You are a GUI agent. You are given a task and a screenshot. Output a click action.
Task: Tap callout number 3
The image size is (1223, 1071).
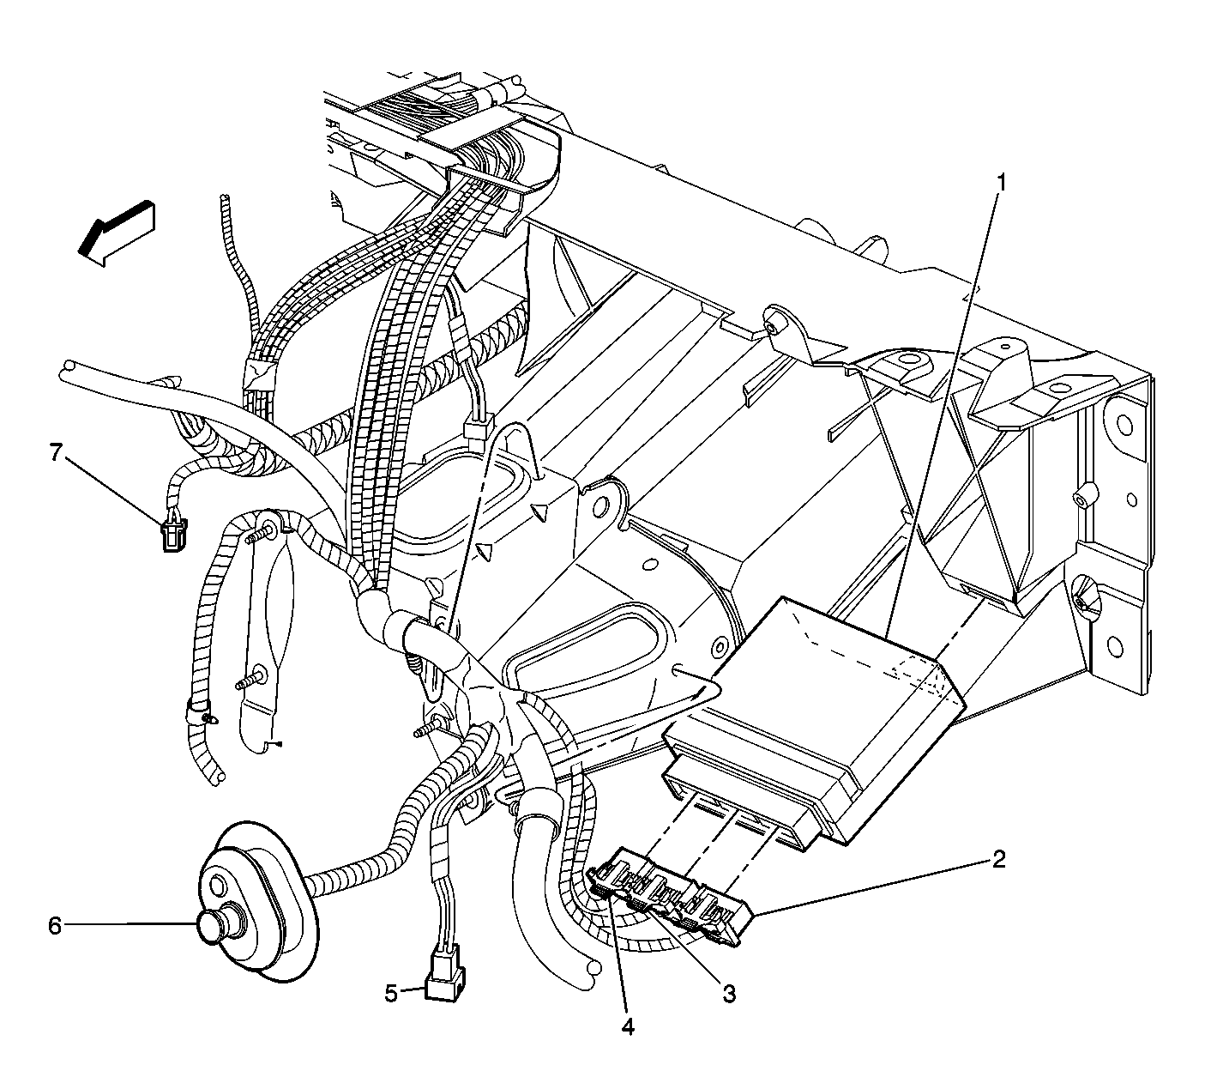coord(729,994)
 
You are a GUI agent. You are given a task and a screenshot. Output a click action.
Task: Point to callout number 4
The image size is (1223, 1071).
coord(627,1027)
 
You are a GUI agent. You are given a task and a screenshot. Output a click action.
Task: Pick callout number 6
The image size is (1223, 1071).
coord(54,926)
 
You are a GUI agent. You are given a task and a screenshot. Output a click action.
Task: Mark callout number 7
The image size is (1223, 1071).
coord(56,452)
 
